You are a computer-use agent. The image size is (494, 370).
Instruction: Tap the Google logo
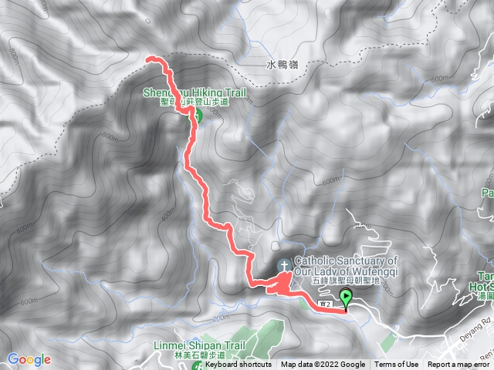[29, 359]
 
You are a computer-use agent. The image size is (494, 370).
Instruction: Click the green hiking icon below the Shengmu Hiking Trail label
[196, 117]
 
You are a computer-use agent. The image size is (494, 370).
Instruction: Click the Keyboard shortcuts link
[238, 365]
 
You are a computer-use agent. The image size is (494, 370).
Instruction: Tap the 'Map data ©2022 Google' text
[323, 365]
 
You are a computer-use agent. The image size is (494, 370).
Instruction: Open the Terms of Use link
[397, 365]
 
